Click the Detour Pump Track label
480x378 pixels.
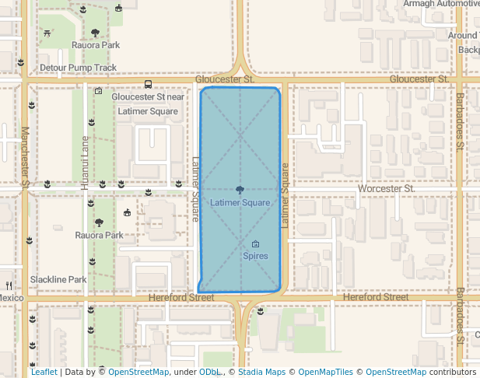[78, 68]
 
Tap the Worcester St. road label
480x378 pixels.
[387, 189]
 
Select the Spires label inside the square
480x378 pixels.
[255, 256]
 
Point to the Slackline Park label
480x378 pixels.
[58, 280]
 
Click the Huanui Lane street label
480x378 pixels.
[85, 152]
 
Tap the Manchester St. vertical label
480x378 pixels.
[25, 156]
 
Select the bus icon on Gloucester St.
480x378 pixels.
[148, 84]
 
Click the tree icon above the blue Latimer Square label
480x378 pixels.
[240, 190]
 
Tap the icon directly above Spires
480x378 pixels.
[255, 244]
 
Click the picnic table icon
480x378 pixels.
[49, 33]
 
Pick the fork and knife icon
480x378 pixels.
[9, 285]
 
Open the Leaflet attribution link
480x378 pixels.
[44, 373]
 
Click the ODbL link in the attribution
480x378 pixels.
[208, 373]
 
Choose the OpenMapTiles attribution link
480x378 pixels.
[325, 373]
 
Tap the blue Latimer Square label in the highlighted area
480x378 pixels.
[240, 203]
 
